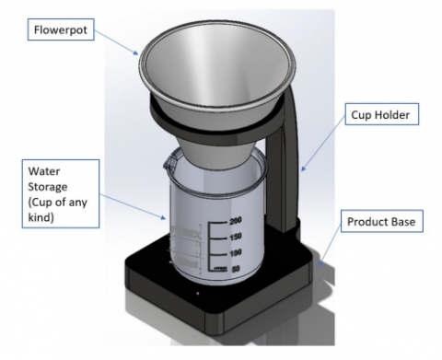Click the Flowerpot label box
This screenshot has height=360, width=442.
tap(61, 29)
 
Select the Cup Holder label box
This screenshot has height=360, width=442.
tap(382, 114)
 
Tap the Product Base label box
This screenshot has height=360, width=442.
tap(382, 221)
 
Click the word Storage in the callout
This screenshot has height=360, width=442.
tap(48, 187)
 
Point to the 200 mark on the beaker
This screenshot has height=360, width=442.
tap(236, 220)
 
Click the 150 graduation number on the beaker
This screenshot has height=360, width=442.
tap(236, 237)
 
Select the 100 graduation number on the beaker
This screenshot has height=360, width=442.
tap(236, 253)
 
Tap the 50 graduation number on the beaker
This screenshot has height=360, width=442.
tap(236, 269)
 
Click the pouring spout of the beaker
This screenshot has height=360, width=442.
tap(169, 162)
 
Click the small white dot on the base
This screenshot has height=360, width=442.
tap(198, 294)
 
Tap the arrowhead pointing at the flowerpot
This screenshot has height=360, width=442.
tap(135, 52)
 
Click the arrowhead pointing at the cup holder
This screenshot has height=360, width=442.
tap(303, 168)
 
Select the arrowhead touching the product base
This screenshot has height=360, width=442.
tap(320, 263)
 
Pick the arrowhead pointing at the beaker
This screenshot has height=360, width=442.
tap(163, 217)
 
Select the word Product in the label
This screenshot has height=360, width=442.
tap(363, 222)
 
